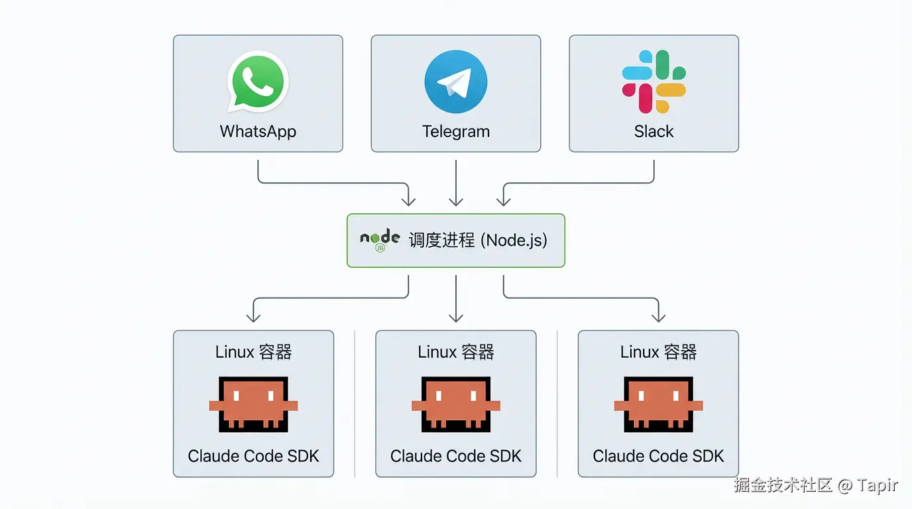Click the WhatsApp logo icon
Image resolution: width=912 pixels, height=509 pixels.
click(x=257, y=82)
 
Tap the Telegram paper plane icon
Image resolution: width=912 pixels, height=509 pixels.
click(x=456, y=82)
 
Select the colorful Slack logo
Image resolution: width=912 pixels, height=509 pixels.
click(x=654, y=81)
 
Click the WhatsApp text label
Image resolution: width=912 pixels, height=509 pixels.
click(x=258, y=131)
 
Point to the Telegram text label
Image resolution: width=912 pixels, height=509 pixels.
click(x=456, y=131)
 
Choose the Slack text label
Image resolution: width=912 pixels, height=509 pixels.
click(x=654, y=131)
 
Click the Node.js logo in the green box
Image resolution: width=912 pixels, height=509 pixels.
click(x=380, y=241)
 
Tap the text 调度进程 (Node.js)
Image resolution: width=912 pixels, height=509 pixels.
click(x=478, y=240)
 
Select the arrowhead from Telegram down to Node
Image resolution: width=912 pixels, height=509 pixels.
click(x=456, y=200)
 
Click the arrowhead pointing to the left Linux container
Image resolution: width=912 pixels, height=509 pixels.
click(x=254, y=317)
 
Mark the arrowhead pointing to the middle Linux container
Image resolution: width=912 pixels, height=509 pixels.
click(x=456, y=317)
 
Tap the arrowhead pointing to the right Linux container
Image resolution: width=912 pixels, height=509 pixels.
click(x=658, y=317)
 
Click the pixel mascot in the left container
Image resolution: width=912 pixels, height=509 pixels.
click(x=254, y=405)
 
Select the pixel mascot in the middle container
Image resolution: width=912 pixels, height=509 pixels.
click(x=456, y=405)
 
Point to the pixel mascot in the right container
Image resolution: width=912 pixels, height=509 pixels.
click(x=658, y=405)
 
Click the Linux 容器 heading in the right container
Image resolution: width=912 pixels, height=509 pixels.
click(x=658, y=352)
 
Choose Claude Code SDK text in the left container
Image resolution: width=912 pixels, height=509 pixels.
click(x=254, y=456)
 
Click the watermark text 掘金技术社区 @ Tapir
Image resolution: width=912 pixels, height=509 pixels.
click(x=815, y=485)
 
